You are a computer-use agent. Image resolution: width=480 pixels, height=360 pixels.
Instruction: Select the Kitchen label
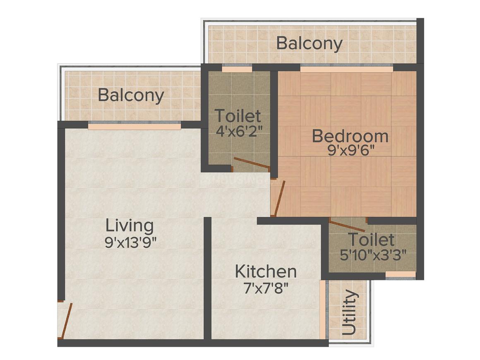pyautogui.click(x=266, y=271)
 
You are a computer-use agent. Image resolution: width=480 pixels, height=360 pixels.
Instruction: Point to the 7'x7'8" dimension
pyautogui.click(x=266, y=287)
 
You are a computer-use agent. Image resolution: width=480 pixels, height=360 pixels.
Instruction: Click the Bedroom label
pyautogui.click(x=350, y=136)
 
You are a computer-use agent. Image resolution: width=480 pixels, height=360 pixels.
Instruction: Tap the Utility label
pyautogui.click(x=350, y=312)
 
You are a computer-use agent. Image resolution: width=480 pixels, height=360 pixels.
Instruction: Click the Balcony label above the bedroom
pyautogui.click(x=309, y=43)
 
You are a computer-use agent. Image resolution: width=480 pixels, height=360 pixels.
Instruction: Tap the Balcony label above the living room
pyautogui.click(x=131, y=96)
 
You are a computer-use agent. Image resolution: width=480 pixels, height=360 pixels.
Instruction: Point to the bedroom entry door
pyautogui.click(x=280, y=198)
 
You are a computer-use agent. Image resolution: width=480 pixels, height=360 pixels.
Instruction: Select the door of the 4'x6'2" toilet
pyautogui.click(x=251, y=163)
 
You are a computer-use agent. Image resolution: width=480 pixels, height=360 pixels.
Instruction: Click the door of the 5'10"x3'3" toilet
pyautogui.click(x=347, y=226)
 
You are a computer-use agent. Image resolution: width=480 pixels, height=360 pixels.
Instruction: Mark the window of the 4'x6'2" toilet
pyautogui.click(x=237, y=68)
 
